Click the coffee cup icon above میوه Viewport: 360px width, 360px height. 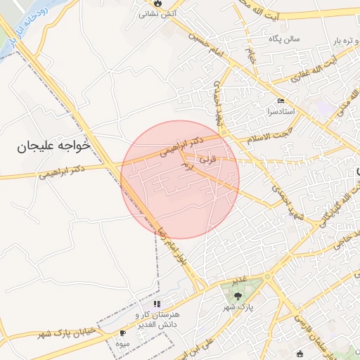click(124, 333)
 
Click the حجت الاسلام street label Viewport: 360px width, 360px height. click(268, 136)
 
